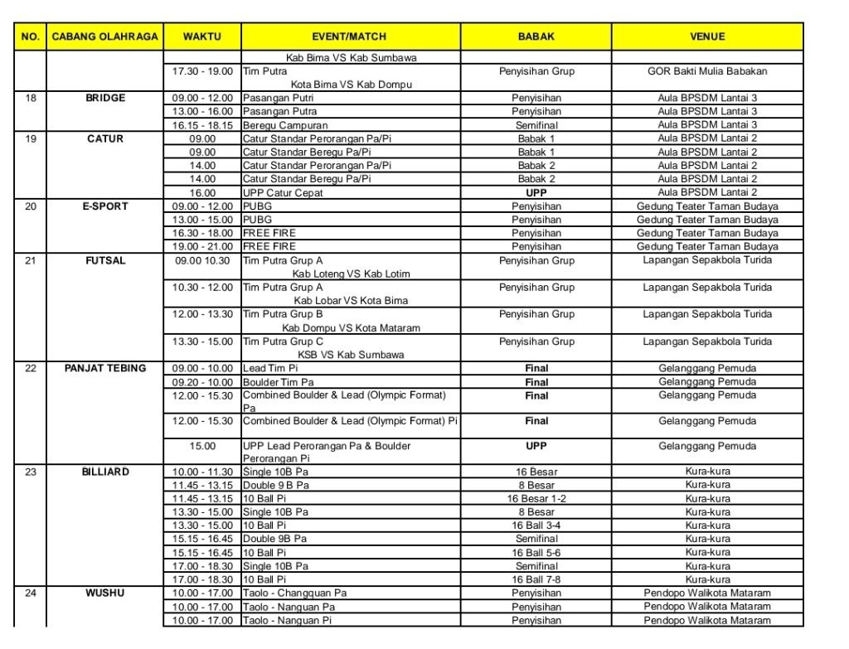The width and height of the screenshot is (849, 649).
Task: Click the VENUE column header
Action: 707,37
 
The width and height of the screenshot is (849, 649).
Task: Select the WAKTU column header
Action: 201,37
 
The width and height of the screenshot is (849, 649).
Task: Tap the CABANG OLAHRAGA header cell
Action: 104,37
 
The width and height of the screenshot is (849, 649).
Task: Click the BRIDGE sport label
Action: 105,98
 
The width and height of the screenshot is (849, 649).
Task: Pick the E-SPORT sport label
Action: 105,206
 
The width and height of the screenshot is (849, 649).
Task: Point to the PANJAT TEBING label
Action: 105,368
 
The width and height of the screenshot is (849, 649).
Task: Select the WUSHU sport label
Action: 105,593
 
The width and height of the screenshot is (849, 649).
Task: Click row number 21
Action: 31,260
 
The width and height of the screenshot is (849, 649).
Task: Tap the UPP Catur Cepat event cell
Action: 282,193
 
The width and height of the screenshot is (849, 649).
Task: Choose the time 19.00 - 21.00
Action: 202,247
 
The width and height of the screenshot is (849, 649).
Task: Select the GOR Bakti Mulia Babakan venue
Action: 707,71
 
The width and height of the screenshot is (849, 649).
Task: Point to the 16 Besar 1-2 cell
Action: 536,499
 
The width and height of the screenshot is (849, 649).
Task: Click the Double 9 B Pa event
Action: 276,486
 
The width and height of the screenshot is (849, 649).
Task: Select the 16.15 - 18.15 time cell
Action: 202,125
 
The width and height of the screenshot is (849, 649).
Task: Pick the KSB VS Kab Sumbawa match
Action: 351,355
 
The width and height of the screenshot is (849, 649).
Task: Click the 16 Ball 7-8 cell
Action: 536,579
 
